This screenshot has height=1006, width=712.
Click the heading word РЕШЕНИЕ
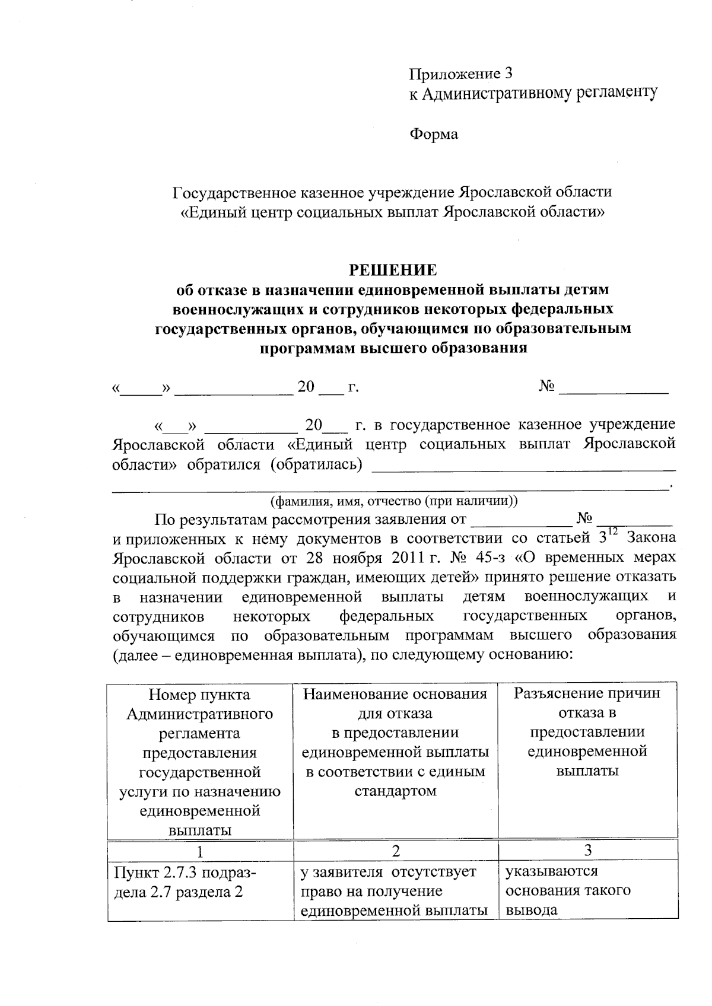tap(392, 270)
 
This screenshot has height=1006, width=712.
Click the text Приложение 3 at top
tap(460, 74)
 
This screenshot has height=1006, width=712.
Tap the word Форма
tap(434, 135)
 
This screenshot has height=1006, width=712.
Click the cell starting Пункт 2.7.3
tap(185, 881)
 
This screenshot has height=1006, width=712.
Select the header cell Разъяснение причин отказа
tap(587, 732)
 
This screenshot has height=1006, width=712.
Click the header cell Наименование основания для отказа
tap(395, 741)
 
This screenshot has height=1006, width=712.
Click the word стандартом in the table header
tap(395, 791)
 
